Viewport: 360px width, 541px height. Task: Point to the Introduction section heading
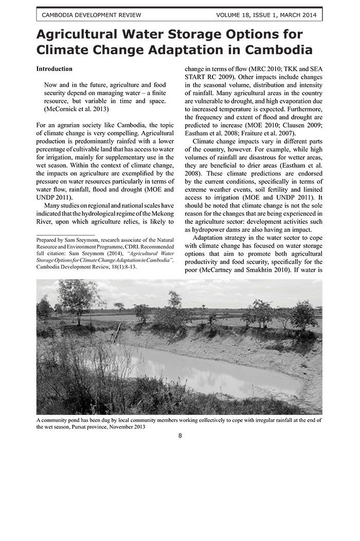(54, 69)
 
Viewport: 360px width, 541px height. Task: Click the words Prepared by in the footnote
(51, 240)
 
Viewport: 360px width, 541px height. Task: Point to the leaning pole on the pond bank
(117, 333)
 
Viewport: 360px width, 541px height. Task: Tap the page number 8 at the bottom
(180, 436)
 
